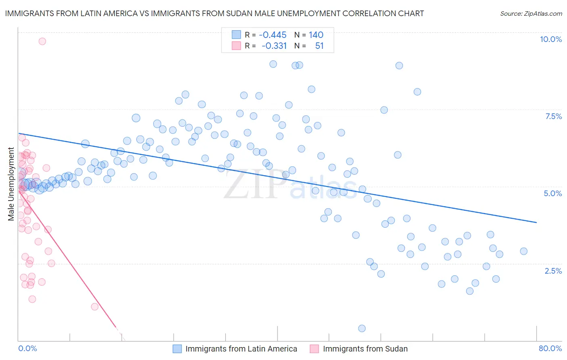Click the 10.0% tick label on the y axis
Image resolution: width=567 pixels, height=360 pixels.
[550, 39]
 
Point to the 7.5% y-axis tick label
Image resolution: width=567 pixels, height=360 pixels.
[553, 116]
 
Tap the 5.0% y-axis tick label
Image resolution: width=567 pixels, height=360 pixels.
[552, 193]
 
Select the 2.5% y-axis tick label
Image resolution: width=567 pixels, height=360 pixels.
[553, 271]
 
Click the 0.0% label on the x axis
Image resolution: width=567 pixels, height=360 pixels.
[27, 348]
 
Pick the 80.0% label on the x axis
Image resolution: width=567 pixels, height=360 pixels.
[550, 348]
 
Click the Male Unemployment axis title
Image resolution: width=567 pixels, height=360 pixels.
[11, 184]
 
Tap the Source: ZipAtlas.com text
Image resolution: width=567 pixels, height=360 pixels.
[531, 14]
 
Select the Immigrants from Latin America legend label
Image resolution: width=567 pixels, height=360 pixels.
[241, 349]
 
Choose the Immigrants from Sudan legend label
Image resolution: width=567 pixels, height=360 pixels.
[365, 349]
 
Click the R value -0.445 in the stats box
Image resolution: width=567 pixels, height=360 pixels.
[273, 35]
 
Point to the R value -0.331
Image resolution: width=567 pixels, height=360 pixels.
[274, 46]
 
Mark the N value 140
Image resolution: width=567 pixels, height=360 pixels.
[316, 35]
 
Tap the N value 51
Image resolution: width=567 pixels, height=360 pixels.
[319, 46]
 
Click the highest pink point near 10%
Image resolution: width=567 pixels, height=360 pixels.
[42, 41]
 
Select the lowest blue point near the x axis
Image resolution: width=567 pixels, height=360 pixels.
[362, 329]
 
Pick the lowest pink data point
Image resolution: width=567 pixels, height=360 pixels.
[95, 307]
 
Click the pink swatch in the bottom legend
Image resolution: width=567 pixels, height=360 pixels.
[314, 349]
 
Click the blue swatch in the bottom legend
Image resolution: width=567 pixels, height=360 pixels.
[177, 349]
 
